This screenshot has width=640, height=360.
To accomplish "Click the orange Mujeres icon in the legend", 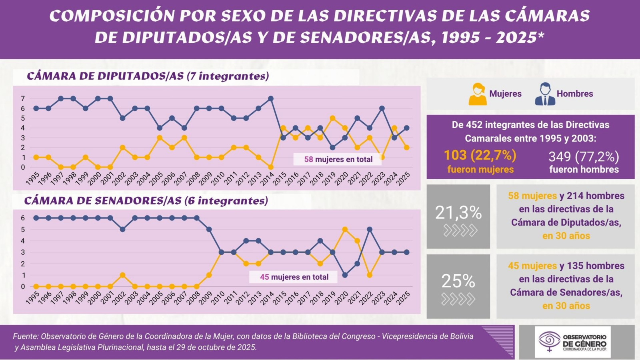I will (478, 94).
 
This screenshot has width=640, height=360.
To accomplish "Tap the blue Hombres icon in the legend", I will (545, 94).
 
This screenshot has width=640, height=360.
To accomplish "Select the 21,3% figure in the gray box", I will (458, 213).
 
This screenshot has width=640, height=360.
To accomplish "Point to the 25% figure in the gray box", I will (458, 281).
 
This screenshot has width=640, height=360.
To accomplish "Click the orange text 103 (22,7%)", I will (480, 155).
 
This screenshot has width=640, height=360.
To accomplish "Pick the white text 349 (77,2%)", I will (584, 156).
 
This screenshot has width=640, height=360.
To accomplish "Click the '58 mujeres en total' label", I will (338, 159).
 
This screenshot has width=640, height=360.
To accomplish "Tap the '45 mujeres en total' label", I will (294, 277).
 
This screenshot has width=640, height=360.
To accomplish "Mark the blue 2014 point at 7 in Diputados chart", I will (271, 98).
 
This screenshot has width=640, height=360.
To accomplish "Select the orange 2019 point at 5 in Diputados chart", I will (332, 118).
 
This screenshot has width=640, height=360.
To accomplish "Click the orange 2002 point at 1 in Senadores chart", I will (123, 275).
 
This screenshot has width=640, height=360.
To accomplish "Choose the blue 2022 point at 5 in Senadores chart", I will (370, 230).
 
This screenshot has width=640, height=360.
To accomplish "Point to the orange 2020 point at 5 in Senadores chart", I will (345, 230).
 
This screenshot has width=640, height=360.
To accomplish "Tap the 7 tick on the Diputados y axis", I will (23, 99).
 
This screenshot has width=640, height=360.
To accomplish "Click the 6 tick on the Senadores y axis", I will (23, 218).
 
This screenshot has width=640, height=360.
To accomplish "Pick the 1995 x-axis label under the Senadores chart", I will (33, 298).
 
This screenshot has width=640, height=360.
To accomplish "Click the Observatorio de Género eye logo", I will (550, 340).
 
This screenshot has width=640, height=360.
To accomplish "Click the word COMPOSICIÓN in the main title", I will (112, 16).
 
